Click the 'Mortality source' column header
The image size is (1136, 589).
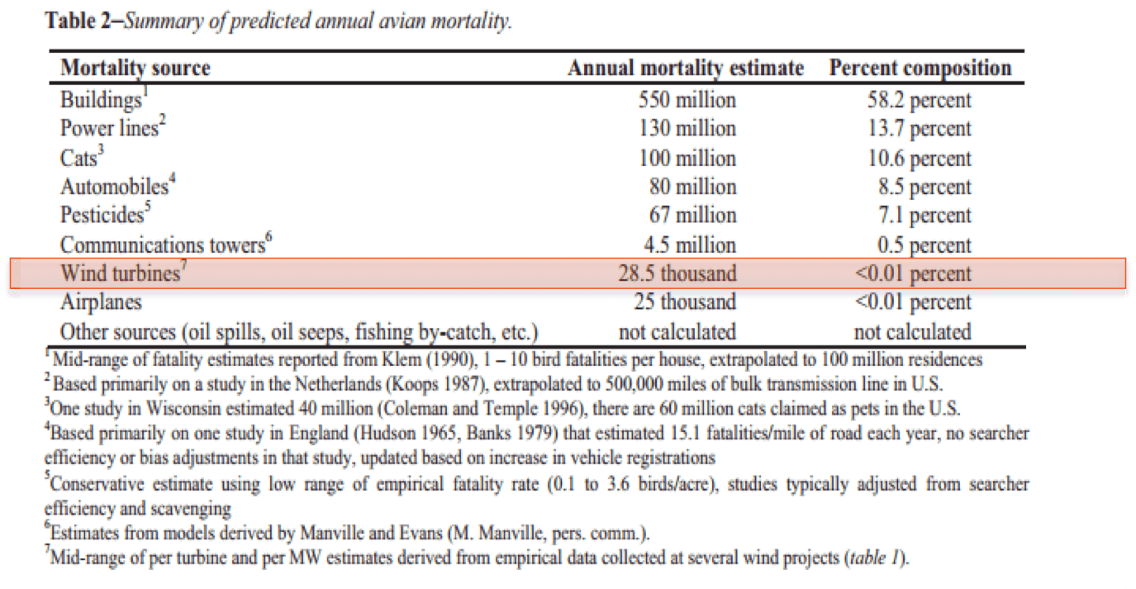tap(135, 68)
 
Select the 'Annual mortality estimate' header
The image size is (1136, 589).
tap(685, 68)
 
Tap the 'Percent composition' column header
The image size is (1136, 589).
tap(920, 68)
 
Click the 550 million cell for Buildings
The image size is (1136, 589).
tap(687, 100)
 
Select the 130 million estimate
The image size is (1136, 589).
tap(687, 129)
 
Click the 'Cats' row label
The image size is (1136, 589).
tap(78, 158)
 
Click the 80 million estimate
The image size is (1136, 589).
tap(692, 187)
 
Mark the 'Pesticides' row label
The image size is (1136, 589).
tap(103, 216)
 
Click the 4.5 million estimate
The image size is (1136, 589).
tap(689, 245)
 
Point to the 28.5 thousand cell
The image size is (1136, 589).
tap(677, 273)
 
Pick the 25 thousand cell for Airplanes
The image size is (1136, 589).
tap(684, 302)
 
